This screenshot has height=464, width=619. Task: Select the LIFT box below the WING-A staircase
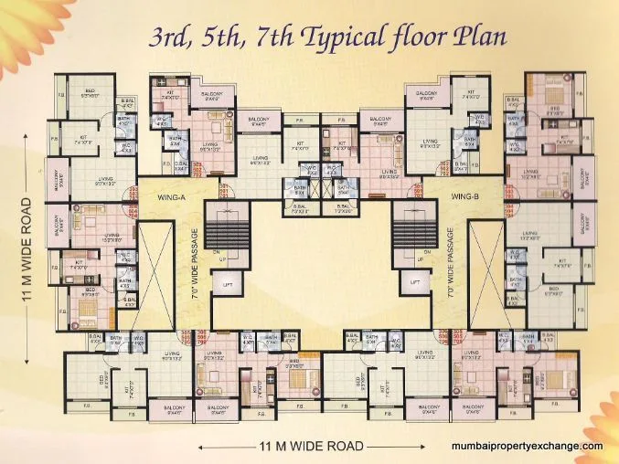(x=226, y=284)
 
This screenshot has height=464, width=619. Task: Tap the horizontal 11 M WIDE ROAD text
(x=310, y=447)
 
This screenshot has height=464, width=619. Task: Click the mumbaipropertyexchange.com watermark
(x=528, y=446)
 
